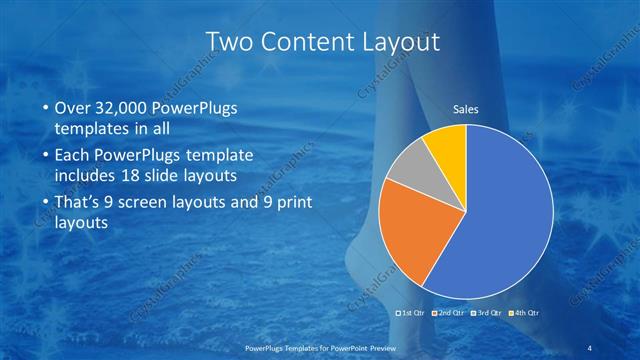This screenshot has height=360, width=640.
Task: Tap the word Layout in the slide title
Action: pos(400,40)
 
